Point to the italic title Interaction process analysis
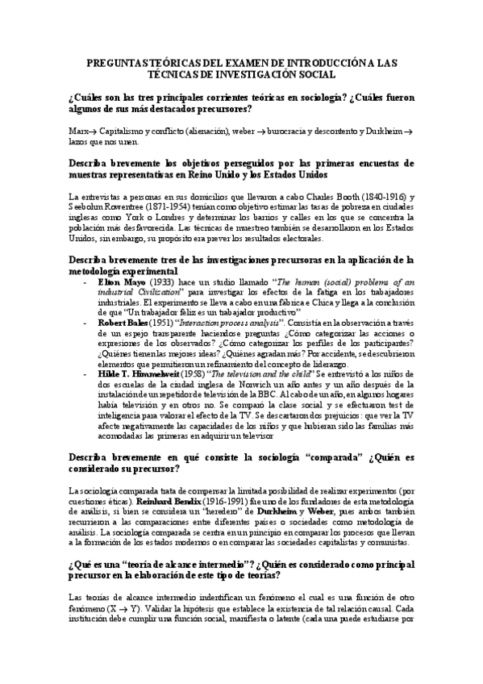pos(233,321)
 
